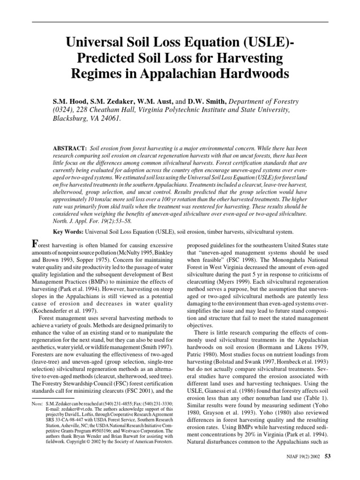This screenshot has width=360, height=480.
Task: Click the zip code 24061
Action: click(111, 119)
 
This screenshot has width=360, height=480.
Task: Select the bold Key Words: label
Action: click(70, 232)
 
